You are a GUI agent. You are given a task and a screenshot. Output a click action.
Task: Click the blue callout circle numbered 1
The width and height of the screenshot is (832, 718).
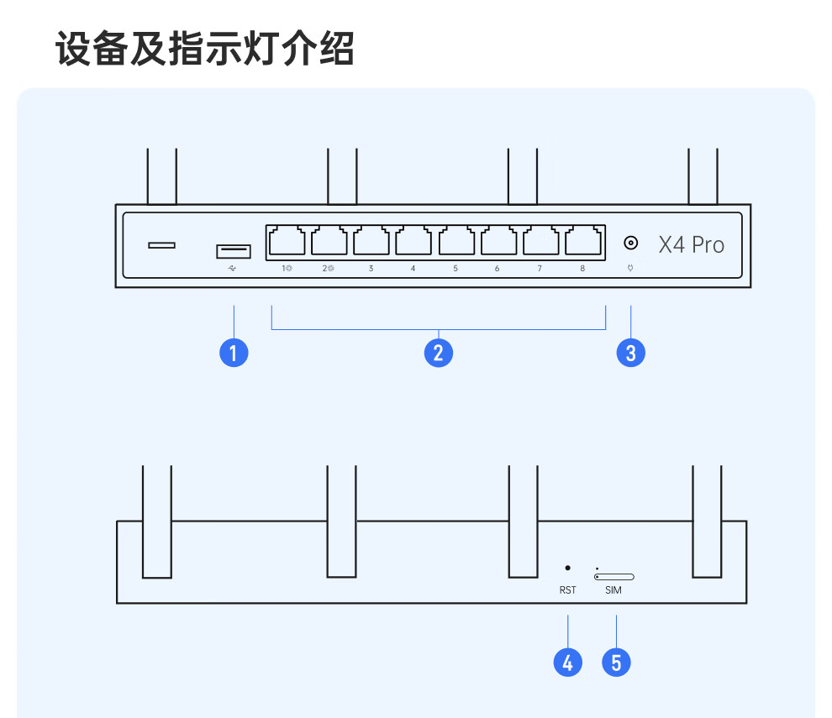click(x=234, y=353)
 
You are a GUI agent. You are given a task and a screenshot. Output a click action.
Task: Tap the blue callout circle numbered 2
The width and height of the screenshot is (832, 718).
click(x=438, y=353)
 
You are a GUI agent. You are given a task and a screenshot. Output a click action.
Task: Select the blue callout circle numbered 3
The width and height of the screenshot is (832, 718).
click(x=631, y=353)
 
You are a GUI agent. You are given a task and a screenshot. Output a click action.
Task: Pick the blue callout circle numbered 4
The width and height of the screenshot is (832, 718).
click(x=568, y=663)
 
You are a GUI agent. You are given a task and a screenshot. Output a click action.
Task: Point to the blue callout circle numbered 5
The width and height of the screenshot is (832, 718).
click(x=616, y=663)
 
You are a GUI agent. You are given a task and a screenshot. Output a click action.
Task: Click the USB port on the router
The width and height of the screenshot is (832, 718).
click(x=234, y=250)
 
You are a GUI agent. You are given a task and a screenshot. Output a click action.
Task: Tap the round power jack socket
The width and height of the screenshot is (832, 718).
click(x=630, y=244)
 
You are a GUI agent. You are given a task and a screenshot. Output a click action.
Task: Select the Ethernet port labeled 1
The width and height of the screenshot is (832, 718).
click(x=287, y=241)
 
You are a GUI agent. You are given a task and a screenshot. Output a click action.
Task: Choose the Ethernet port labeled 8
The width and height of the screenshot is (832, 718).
click(x=583, y=241)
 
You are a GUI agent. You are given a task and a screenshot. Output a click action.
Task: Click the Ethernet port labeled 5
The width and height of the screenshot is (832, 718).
click(x=456, y=241)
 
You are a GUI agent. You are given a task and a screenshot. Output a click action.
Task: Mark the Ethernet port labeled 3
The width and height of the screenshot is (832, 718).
click(x=371, y=241)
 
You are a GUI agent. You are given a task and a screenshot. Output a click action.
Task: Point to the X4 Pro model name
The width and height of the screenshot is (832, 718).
click(x=691, y=245)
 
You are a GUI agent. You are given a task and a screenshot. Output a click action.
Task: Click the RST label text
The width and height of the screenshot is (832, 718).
click(x=568, y=590)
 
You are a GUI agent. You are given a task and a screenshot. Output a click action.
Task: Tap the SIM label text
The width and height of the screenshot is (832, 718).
click(x=614, y=590)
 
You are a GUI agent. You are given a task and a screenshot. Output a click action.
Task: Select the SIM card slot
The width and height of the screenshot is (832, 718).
click(x=614, y=577)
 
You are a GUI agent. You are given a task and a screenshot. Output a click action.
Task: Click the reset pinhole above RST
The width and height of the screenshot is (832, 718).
click(x=568, y=569)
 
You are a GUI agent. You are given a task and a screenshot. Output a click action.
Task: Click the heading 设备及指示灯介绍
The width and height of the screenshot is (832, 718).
click(x=205, y=49)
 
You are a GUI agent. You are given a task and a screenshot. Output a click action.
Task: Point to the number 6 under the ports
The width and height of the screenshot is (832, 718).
click(x=498, y=269)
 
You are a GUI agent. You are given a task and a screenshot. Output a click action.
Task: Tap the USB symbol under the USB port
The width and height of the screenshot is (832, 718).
click(x=233, y=269)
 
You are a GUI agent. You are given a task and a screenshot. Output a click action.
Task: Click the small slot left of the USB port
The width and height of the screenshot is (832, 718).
click(x=162, y=245)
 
